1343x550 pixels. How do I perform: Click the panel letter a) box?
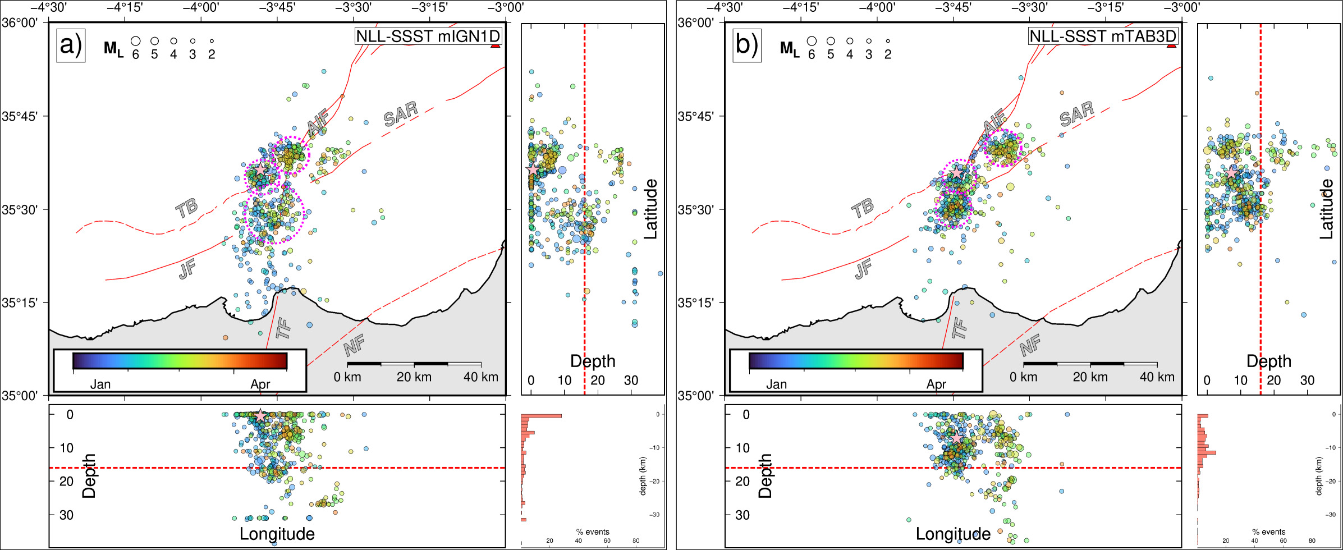coord(71,45)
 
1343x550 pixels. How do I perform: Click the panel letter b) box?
coord(746,45)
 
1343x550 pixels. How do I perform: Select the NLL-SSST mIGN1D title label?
coord(428,36)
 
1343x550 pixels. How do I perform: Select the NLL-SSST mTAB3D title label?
coord(1103,36)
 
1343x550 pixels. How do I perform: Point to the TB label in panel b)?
coord(863,208)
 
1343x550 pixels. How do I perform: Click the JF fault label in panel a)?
coord(187,269)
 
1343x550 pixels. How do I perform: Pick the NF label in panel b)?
coord(1030,345)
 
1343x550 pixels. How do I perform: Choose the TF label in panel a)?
coord(283,328)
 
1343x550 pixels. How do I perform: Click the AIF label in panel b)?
coord(994,122)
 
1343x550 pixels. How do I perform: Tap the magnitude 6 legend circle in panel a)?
coord(135,41)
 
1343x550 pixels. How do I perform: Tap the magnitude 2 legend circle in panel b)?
coord(888,41)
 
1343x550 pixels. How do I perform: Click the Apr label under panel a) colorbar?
coord(260,384)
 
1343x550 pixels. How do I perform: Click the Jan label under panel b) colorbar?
coord(776,384)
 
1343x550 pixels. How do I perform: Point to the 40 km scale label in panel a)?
coord(480,377)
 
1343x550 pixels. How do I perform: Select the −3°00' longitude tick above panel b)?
coord(1181,7)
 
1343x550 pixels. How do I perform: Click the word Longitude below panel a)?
coord(277,534)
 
